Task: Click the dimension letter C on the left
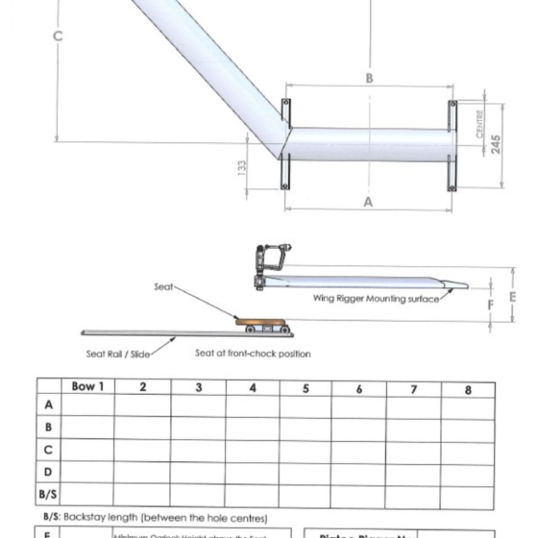tap(58, 37)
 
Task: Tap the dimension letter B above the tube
tap(369, 79)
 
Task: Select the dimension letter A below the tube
tap(369, 202)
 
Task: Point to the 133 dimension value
tap(242, 166)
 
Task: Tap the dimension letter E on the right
tap(510, 294)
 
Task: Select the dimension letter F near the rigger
tap(490, 306)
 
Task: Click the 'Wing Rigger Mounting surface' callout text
tap(376, 299)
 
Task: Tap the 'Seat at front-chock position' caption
tap(253, 353)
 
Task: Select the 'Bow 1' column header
tap(87, 387)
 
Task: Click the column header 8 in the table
tap(467, 389)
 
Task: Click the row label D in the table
tap(48, 472)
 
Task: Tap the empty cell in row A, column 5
tap(305, 405)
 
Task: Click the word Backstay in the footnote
tap(86, 516)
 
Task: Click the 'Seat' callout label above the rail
tap(163, 286)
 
